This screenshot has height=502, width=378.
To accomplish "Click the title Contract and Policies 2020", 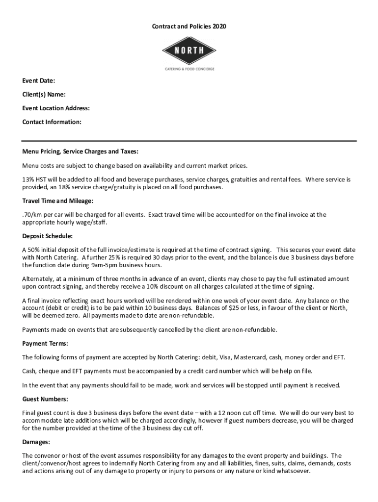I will coord(189,26).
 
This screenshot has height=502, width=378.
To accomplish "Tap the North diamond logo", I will coord(189,50).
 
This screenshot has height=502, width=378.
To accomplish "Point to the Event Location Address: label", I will coord(56,108).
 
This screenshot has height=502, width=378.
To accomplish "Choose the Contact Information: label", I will coord(52,122).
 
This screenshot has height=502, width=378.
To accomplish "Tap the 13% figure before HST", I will coord(28,179).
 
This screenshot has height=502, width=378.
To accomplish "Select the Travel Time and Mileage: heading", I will coord(58,201).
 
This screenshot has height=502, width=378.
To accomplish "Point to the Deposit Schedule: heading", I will coord(48,236).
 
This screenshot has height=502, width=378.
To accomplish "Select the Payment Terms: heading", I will coord(45,343).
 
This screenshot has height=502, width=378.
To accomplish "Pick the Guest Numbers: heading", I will coord(45,399).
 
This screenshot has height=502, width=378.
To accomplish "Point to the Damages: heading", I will coord(36,442).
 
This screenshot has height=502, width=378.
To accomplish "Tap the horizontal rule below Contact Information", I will coord(189,140).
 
